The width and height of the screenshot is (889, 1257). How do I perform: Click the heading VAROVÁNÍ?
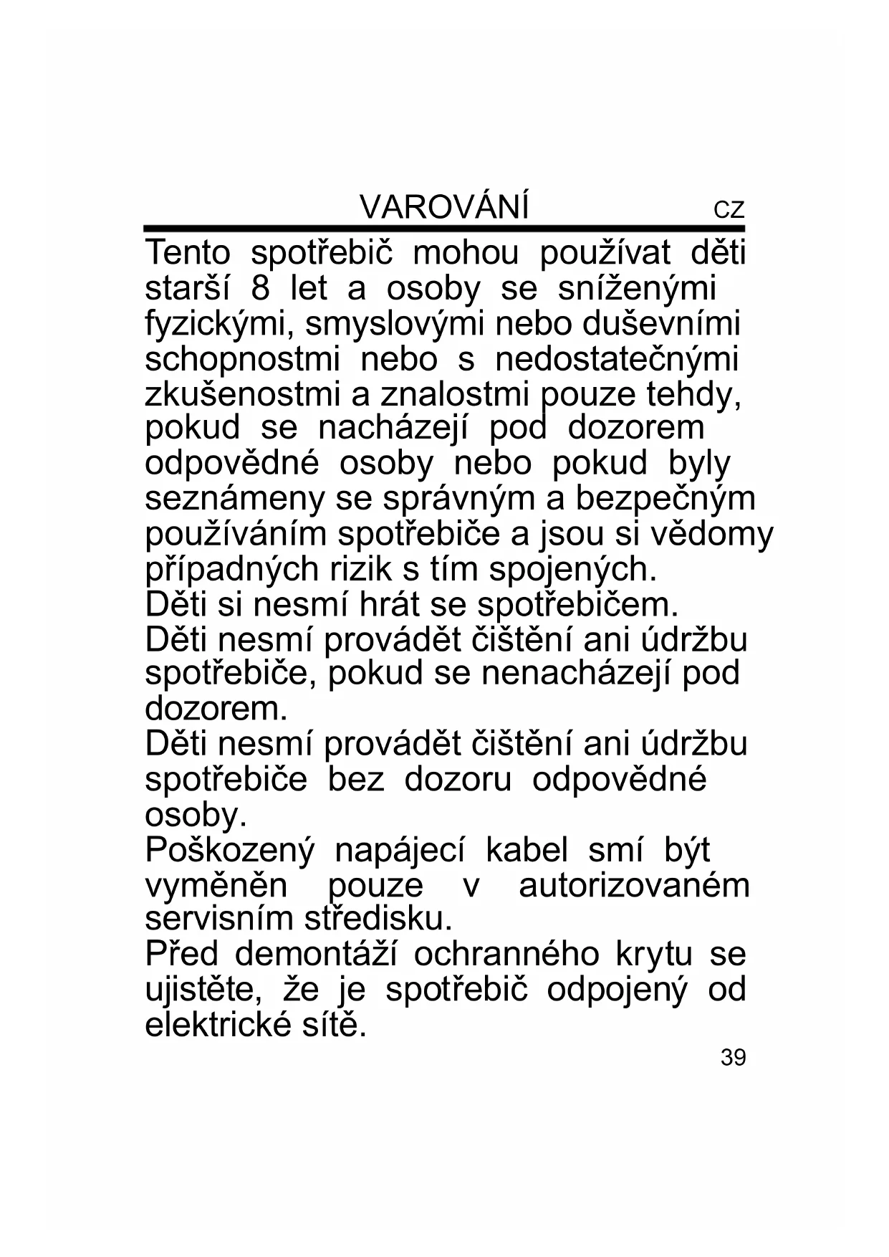point(444,208)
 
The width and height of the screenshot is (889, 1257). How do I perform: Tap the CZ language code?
point(729,211)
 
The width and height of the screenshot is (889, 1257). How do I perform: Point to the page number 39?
point(733,1057)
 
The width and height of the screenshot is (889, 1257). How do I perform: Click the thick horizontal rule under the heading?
point(444,229)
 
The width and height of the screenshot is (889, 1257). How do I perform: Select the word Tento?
point(188,254)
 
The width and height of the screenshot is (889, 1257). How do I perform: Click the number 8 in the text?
point(260,289)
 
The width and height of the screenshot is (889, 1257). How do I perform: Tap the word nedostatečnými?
point(617,359)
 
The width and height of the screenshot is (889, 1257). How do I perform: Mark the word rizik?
point(363,570)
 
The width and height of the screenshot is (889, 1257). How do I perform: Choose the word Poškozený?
point(229,851)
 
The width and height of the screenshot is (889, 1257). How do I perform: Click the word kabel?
point(527,851)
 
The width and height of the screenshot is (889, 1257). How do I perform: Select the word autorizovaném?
point(634,886)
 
